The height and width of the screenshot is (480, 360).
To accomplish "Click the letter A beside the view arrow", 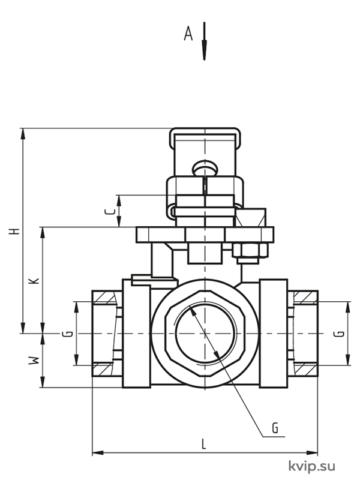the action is (x=188, y=34).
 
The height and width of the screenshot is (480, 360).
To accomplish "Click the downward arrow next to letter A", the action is (x=204, y=41).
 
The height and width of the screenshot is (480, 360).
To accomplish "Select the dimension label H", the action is (x=14, y=231).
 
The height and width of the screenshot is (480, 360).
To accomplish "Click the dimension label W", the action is (x=34, y=361).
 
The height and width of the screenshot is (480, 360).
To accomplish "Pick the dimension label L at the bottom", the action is (x=203, y=443).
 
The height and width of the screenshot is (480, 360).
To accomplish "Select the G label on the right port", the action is (x=339, y=334).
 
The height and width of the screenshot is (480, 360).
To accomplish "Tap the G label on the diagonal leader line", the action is (x=275, y=428).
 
